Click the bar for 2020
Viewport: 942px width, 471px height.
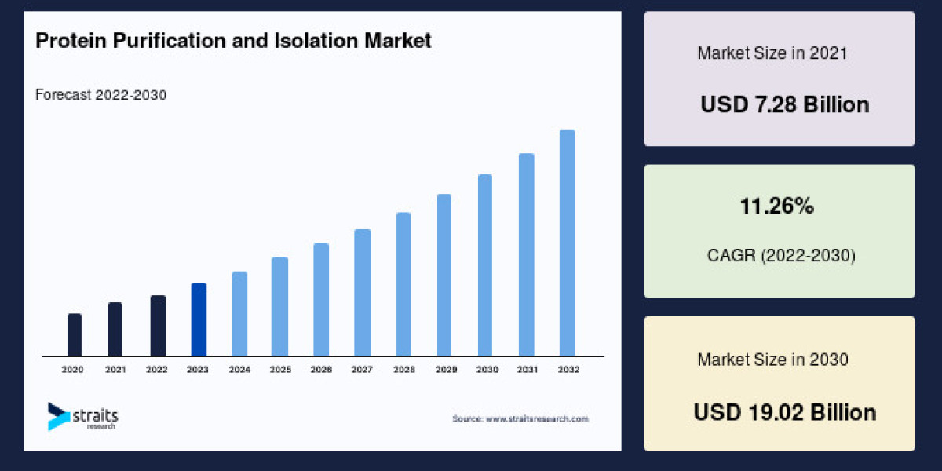point(75,335)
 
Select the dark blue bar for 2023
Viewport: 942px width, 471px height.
point(199,319)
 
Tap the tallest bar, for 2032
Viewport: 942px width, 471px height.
point(567,243)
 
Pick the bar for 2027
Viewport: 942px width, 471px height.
point(362,293)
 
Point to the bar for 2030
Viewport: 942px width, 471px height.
point(485,265)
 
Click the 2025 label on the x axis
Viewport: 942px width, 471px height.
point(280,369)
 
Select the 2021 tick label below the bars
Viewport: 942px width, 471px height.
point(115,369)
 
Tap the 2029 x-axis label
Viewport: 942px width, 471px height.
point(444,369)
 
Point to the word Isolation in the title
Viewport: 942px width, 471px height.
point(330,42)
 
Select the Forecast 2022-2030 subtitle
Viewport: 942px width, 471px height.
point(100,95)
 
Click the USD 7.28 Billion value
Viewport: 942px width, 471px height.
point(784,104)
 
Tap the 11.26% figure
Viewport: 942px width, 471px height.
point(776,207)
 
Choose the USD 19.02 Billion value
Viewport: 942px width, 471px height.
point(784,412)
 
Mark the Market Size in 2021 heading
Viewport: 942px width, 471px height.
point(772,53)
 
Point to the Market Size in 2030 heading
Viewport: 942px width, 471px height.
point(772,360)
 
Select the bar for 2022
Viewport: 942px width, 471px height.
point(158,326)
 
